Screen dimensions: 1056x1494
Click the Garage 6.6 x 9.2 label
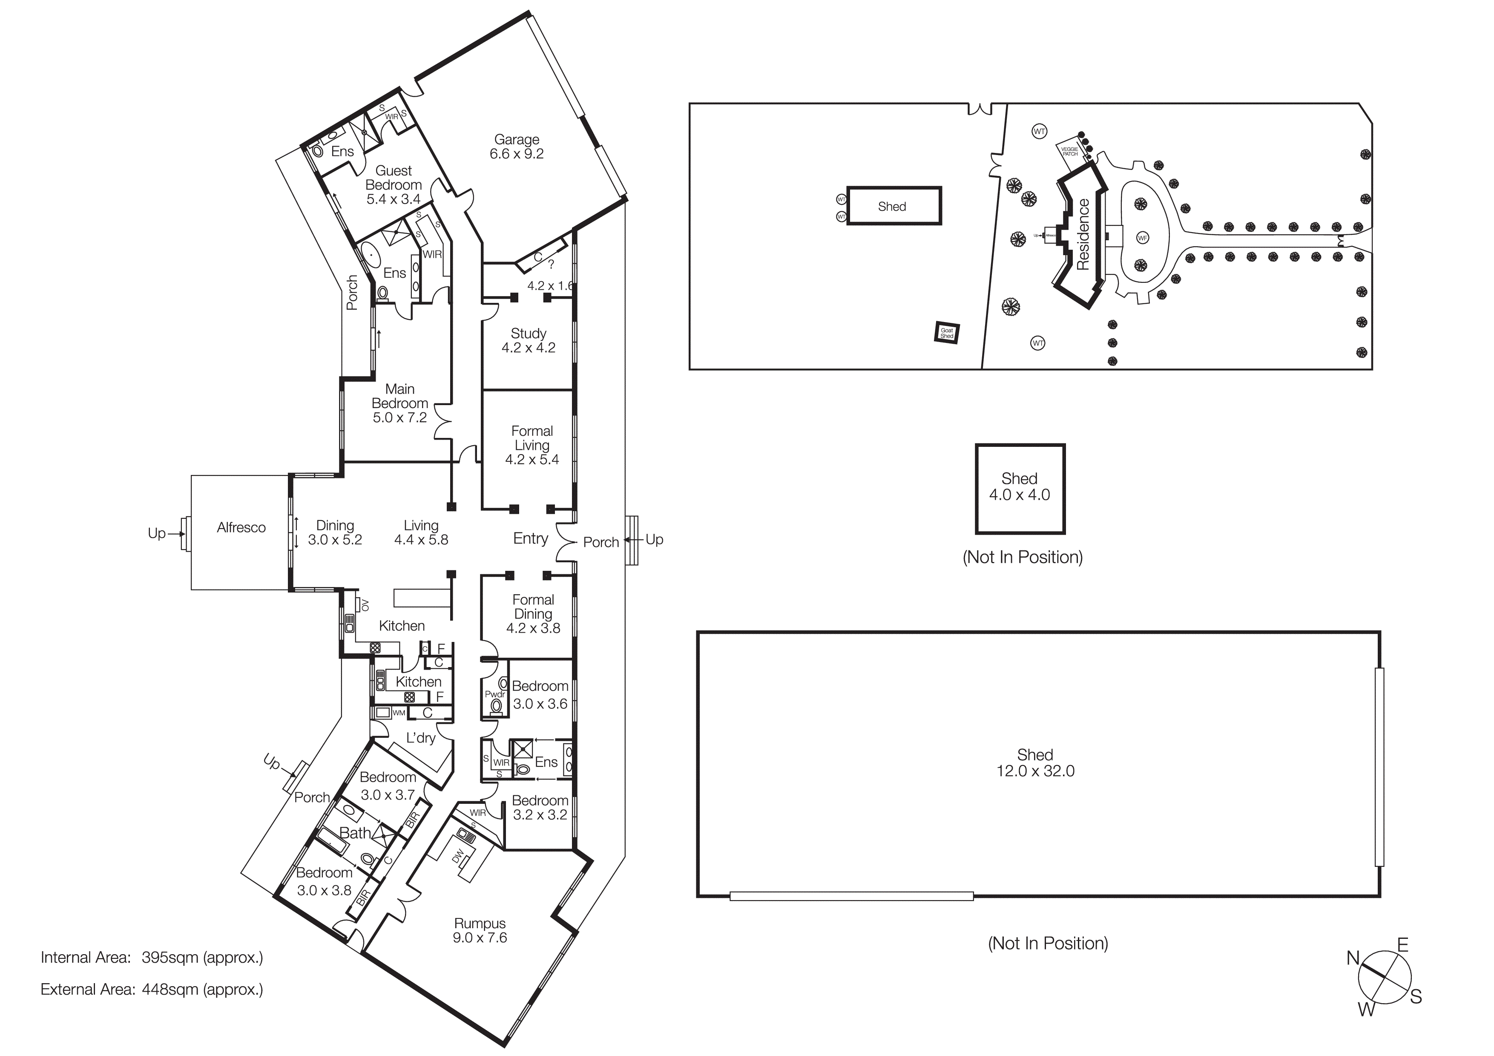pyautogui.click(x=517, y=147)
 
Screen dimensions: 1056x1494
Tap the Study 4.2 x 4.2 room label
pyautogui.click(x=529, y=340)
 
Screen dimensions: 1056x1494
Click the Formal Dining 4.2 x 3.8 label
pyautogui.click(x=533, y=613)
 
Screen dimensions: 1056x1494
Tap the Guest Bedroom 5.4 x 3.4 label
pyautogui.click(x=394, y=185)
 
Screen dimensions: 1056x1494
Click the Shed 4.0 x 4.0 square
pyautogui.click(x=1020, y=488)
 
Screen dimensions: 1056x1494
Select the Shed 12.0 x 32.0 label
pyautogui.click(x=1035, y=763)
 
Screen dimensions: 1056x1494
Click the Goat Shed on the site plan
pyautogui.click(x=947, y=333)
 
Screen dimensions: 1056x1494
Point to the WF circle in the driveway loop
pyautogui.click(x=1143, y=238)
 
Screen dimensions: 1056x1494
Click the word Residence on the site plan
pyautogui.click(x=1083, y=234)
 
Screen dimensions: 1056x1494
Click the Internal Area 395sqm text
pyautogui.click(x=152, y=958)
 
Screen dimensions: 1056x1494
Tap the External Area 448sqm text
pyautogui.click(x=152, y=990)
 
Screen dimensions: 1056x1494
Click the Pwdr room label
pyautogui.click(x=494, y=694)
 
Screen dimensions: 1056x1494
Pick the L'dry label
pyautogui.click(x=420, y=738)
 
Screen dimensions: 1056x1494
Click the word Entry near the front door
pyautogui.click(x=530, y=538)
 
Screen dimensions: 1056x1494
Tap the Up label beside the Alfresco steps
pyautogui.click(x=156, y=533)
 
